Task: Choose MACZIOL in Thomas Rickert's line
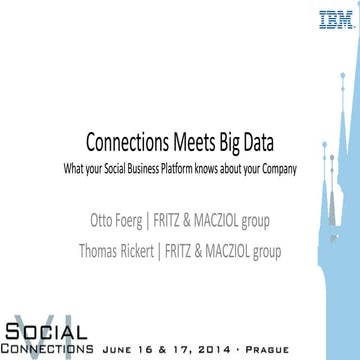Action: click(x=250, y=223)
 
